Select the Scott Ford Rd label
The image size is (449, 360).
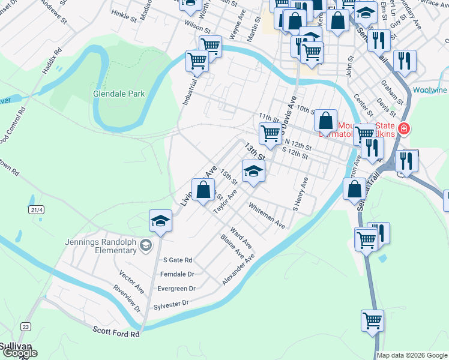116,331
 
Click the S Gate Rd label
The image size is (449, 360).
180,260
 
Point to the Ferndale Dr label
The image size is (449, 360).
178,274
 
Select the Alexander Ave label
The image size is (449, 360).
238,268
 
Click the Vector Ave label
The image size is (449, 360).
131,281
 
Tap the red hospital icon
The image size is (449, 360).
405,128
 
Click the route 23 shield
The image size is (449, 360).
25,326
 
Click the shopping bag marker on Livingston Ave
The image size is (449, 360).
203,190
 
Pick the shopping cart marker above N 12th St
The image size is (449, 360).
270,133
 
